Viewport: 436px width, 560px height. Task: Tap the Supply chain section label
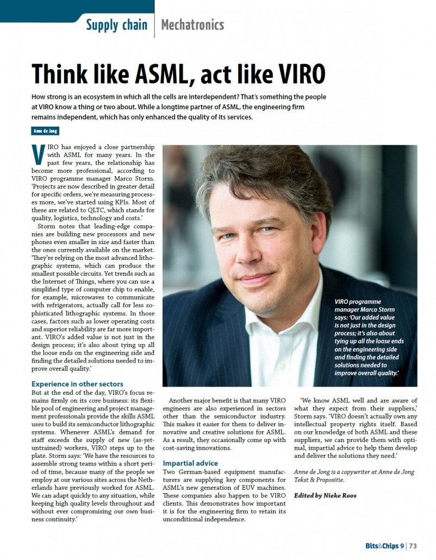pyautogui.click(x=116, y=24)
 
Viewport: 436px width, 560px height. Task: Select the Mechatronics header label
pyautogui.click(x=192, y=24)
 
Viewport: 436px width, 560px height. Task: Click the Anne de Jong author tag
pyautogui.click(x=45, y=131)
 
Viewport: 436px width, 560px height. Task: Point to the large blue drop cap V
pyautogui.click(x=38, y=155)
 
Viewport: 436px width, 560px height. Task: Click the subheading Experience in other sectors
pyautogui.click(x=77, y=383)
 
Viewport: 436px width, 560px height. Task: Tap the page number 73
pyautogui.click(x=413, y=546)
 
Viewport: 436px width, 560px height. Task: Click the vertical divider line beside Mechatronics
pyautogui.click(x=154, y=24)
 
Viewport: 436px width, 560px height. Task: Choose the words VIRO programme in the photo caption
pyautogui.click(x=358, y=302)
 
